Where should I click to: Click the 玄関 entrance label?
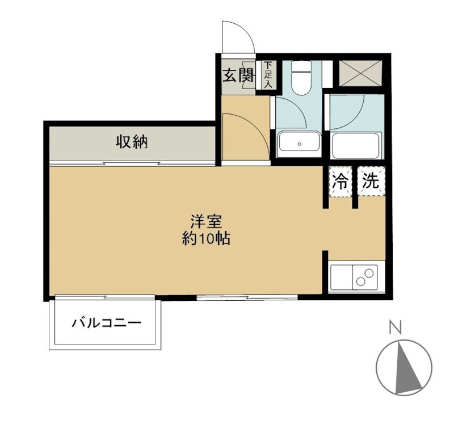point(237,75)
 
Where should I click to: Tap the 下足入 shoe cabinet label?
point(267,75)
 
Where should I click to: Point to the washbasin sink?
point(299,142)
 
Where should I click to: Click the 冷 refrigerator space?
point(340,182)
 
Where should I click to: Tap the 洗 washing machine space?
point(371,182)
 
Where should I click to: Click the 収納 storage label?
point(132,141)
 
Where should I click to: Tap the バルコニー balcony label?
point(106,324)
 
